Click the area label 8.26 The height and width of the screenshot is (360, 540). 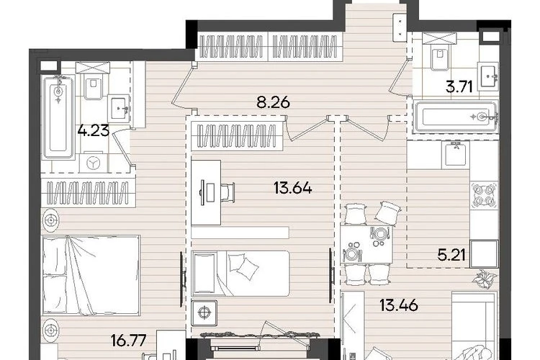[274, 103]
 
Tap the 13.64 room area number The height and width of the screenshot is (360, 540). [293, 189]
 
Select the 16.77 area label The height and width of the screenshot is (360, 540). [129, 340]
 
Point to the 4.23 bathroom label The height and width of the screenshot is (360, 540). [94, 130]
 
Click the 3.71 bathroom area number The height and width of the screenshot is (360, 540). [459, 87]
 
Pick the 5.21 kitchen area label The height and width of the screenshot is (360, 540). [451, 256]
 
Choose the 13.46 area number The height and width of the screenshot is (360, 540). [399, 305]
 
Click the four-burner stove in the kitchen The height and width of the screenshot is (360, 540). [485, 195]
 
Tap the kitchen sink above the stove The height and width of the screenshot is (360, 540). [456, 154]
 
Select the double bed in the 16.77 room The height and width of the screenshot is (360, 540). [91, 275]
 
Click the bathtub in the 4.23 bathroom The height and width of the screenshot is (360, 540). [58, 117]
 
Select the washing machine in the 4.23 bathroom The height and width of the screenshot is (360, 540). [93, 162]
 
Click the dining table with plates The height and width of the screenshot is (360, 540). [366, 244]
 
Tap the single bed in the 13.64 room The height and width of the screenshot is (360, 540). [240, 273]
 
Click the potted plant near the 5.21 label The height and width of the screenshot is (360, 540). [485, 279]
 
